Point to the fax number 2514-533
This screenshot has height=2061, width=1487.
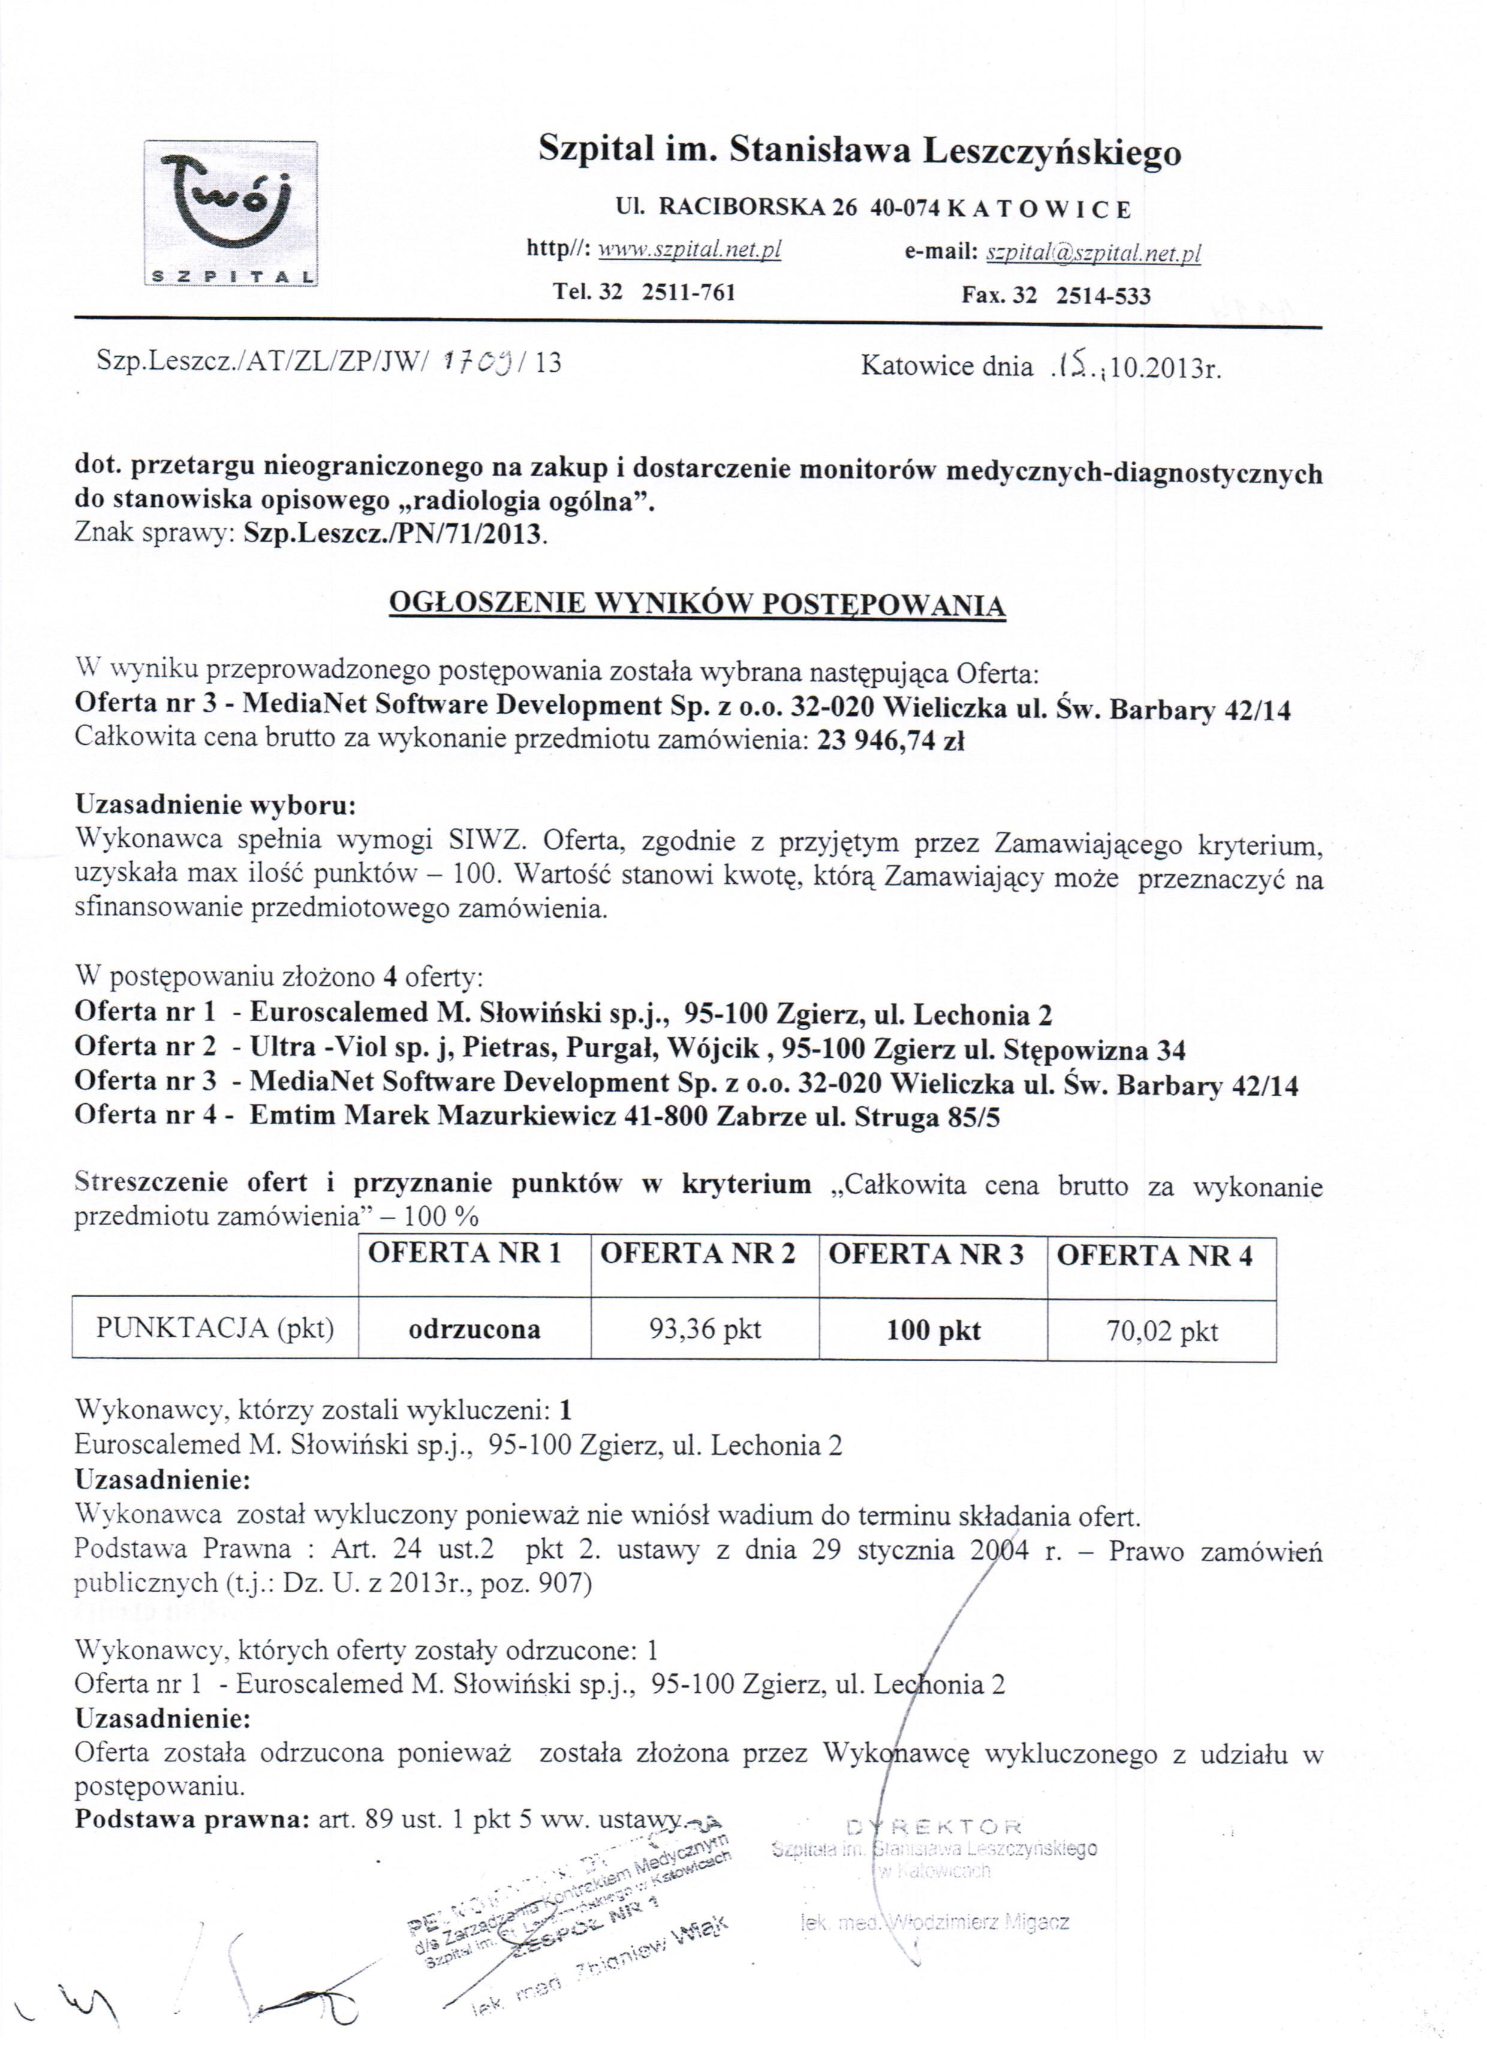(1103, 296)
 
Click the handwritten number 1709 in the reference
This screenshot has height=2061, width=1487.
(479, 361)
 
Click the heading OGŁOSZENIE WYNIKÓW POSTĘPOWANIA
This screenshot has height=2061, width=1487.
(697, 604)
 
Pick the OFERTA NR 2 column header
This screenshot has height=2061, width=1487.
(697, 1254)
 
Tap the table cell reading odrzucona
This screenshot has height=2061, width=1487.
(474, 1329)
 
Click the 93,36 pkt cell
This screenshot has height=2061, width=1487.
(705, 1329)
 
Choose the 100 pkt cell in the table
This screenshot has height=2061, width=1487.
(934, 1331)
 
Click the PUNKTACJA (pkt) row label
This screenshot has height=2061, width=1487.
(215, 1329)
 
